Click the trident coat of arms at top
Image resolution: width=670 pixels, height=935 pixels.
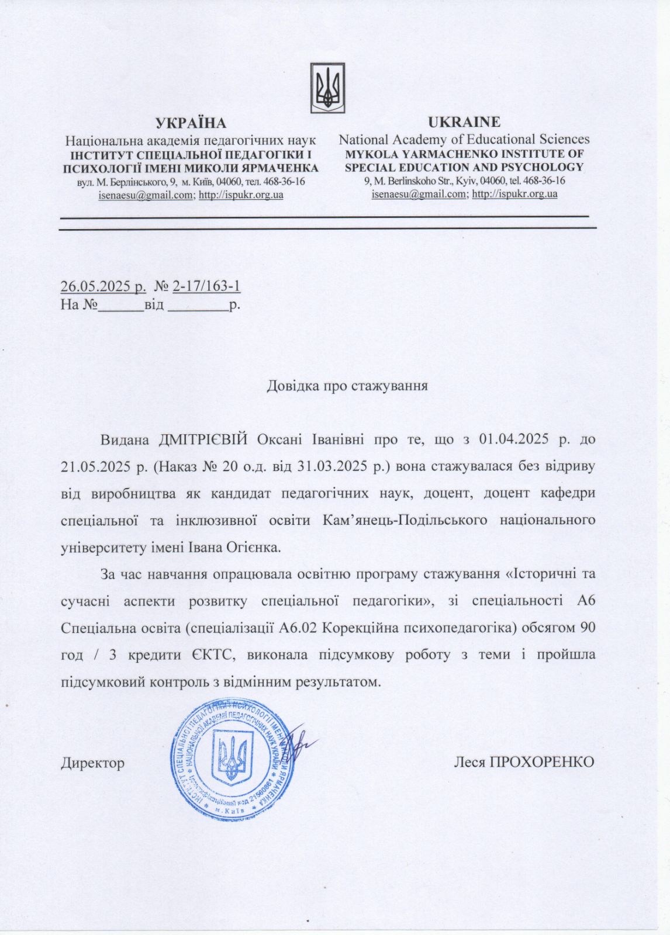[327, 88]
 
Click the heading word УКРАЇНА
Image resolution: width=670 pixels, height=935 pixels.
[191, 123]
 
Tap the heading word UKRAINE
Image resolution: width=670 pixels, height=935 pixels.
[464, 122]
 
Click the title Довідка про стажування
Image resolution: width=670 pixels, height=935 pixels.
[347, 386]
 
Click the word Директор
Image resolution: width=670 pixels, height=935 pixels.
[92, 763]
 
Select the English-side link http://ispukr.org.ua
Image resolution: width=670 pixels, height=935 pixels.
[514, 193]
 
